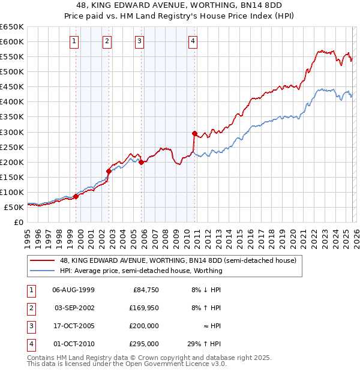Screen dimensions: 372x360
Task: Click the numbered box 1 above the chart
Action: [73, 41]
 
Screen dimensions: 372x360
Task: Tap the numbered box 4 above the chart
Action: [193, 41]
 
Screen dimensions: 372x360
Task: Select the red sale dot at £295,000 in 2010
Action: [194, 133]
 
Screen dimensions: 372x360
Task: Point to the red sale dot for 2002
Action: [109, 171]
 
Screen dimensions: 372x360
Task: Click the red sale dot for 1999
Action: [76, 196]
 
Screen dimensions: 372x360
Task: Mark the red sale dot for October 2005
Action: [141, 162]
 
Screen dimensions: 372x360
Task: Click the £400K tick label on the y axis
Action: [12, 101]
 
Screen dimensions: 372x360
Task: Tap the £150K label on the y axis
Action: [12, 177]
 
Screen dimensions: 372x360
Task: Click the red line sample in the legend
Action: [42, 261]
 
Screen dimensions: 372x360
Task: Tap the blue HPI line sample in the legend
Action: [42, 271]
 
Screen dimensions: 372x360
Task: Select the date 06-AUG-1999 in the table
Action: [73, 290]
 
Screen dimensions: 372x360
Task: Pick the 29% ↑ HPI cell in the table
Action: [204, 344]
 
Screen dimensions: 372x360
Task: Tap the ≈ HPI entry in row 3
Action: [212, 326]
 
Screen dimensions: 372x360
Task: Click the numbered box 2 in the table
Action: [30, 308]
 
